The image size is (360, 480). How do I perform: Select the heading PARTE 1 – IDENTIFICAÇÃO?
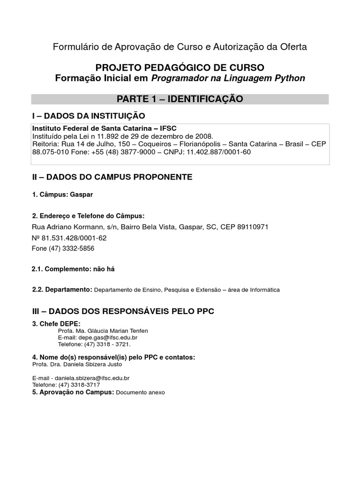click(x=180, y=99)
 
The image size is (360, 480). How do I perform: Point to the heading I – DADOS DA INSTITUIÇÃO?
click(x=88, y=116)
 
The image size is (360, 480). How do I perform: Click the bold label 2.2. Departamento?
click(x=62, y=290)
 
